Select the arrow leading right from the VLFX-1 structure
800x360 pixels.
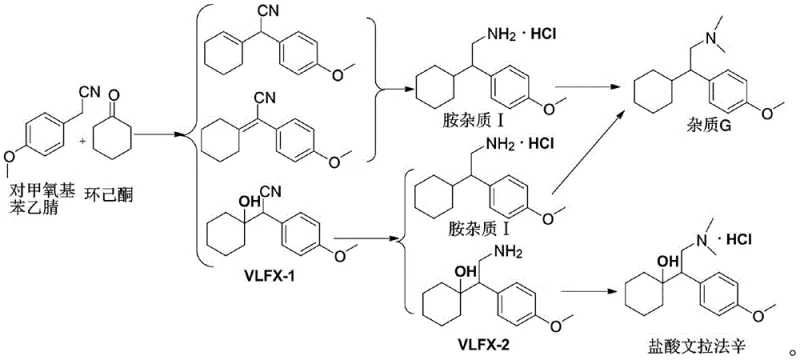click(x=365, y=241)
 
